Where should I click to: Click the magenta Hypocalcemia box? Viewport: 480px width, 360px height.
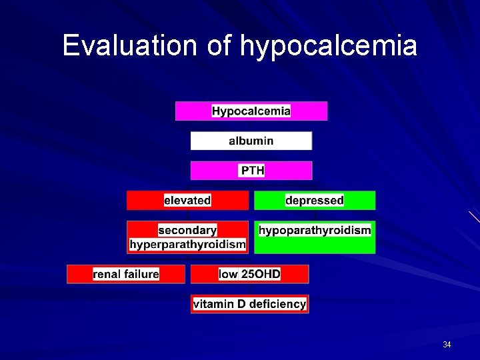click(251, 111)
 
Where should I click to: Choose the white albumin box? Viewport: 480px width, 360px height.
click(251, 141)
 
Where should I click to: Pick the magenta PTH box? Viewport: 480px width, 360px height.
click(251, 171)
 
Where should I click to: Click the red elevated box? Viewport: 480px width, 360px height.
click(187, 200)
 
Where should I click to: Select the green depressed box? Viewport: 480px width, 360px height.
click(315, 200)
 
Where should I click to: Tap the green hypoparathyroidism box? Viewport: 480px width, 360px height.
click(315, 237)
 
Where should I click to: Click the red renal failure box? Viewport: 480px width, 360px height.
click(126, 274)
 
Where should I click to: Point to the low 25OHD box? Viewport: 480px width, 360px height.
click(250, 274)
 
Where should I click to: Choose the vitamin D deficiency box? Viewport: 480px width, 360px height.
click(250, 304)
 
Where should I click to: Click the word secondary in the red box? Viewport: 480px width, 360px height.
click(187, 230)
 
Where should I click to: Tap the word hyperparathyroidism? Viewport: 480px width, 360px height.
click(187, 245)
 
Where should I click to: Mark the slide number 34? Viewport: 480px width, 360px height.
click(447, 345)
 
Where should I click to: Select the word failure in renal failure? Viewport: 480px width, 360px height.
click(141, 274)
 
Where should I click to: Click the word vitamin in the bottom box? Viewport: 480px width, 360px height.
click(211, 304)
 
